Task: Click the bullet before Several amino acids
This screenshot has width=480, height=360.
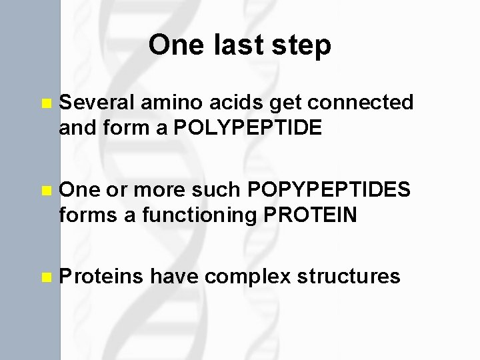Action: (x=45, y=104)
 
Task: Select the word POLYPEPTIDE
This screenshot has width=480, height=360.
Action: (x=247, y=128)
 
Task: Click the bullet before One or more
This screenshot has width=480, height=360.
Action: (x=45, y=191)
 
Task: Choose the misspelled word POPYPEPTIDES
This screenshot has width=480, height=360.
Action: (x=329, y=191)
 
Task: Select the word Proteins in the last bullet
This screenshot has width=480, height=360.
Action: (x=101, y=277)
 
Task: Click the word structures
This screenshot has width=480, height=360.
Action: (x=347, y=277)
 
